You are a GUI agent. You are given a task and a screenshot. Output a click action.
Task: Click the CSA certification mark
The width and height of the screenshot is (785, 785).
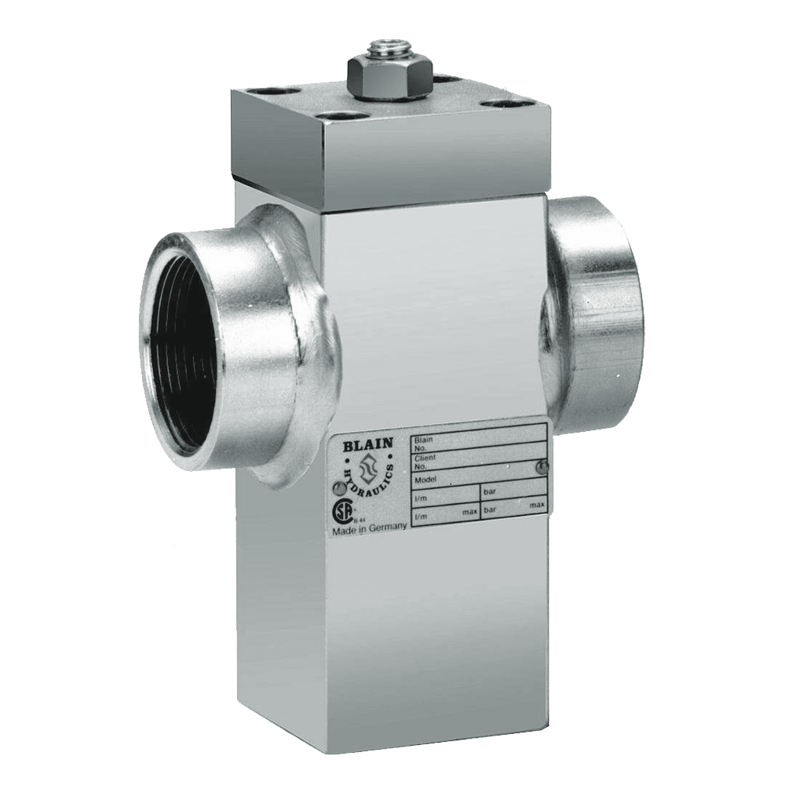341,511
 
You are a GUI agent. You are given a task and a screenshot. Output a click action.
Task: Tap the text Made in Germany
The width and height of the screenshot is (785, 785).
369,530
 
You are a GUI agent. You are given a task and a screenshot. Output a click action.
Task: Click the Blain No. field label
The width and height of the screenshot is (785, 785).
423,444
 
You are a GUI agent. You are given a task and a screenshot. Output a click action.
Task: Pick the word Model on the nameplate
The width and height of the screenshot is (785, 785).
425,477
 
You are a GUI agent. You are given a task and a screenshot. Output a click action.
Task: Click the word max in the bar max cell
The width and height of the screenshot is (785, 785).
537,506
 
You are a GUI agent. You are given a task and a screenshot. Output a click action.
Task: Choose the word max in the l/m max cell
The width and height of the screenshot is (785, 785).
469,513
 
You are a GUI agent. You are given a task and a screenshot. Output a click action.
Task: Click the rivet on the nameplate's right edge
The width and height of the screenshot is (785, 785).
537,468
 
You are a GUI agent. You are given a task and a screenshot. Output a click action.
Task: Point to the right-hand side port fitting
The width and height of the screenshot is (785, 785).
597,314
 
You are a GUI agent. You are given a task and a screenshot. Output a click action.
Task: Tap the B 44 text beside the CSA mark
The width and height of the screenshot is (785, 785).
359,519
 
